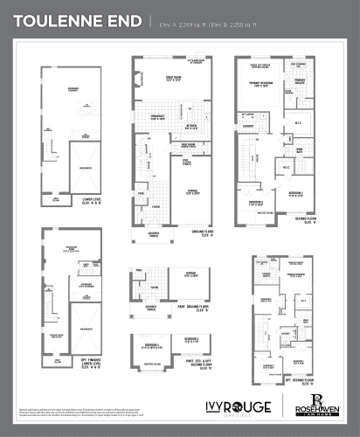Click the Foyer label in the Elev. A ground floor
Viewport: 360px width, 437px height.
[156, 206]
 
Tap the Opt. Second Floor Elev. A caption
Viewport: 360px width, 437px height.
[299, 380]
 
